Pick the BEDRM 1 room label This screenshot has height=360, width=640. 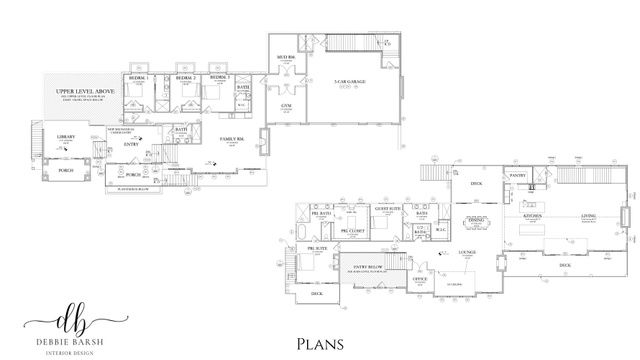click(138, 78)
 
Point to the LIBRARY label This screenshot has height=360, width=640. click(66, 136)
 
